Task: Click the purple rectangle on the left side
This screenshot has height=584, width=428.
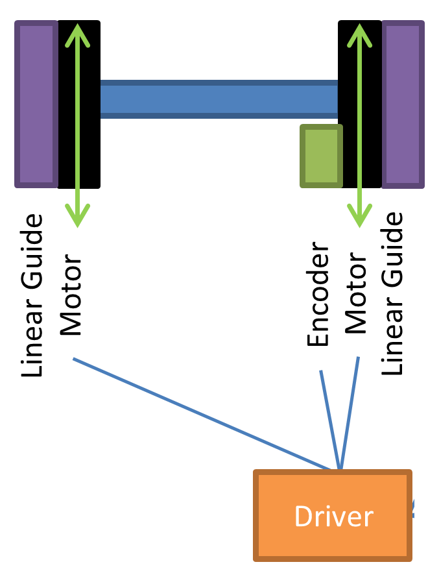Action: click(36, 104)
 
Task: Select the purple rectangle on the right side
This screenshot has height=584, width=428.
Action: click(403, 104)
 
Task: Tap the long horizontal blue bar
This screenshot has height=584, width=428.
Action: click(219, 99)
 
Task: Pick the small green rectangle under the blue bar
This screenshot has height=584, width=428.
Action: click(321, 156)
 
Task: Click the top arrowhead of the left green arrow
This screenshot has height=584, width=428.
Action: click(77, 32)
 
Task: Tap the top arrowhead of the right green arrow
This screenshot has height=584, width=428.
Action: click(359, 32)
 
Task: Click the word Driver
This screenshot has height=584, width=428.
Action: click(333, 517)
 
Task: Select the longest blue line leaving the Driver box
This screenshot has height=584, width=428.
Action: click(201, 413)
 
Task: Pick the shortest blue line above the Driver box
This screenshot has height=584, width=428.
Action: click(329, 419)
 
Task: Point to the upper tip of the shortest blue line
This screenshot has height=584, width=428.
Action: click(320, 372)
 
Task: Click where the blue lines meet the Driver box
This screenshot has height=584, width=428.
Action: click(339, 468)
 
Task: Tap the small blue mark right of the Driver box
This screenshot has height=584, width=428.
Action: click(413, 509)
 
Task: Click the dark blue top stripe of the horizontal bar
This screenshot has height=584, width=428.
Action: click(219, 83)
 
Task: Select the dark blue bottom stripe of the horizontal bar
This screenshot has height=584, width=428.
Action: click(219, 116)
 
